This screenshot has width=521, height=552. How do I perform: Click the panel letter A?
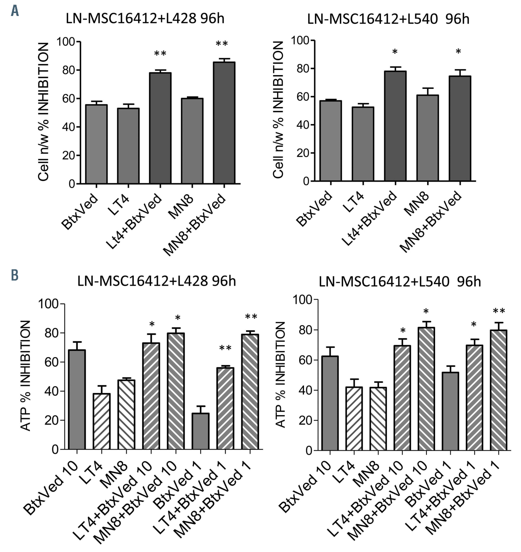[x=15, y=11]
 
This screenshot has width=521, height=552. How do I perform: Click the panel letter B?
[x=15, y=275]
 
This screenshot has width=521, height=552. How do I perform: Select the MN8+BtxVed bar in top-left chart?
[x=224, y=123]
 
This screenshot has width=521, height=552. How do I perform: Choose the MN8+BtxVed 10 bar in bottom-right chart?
[x=426, y=389]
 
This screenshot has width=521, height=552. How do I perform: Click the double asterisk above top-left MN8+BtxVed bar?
[x=222, y=44]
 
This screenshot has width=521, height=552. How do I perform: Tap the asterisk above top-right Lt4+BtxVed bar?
[x=395, y=52]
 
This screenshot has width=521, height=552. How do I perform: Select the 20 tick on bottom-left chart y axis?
[x=51, y=420]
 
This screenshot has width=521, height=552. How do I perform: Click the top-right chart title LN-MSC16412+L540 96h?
[x=388, y=19]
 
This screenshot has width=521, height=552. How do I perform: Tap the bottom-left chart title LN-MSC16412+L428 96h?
[x=157, y=281]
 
